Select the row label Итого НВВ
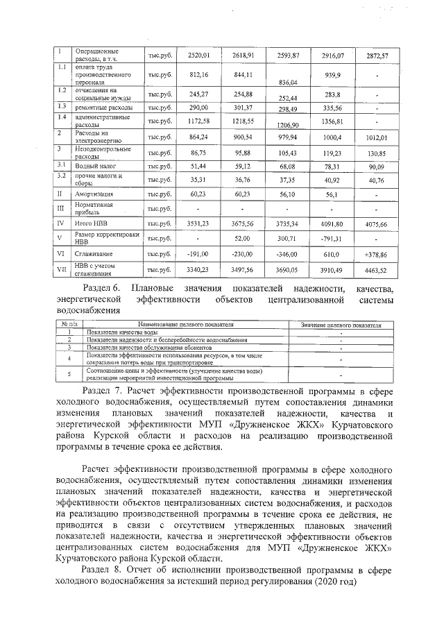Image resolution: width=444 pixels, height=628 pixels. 89,224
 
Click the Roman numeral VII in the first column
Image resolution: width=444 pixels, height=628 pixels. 61,269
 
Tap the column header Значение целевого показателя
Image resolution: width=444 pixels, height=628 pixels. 341,324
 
